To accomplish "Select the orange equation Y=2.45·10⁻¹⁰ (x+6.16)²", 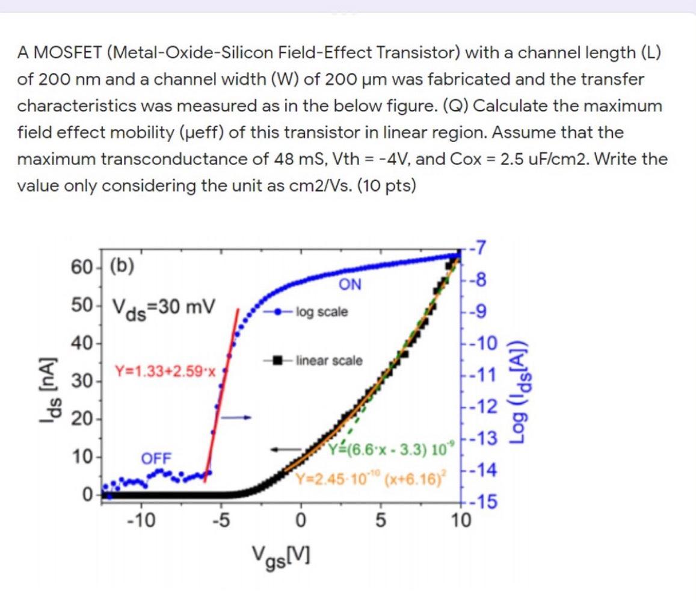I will pos(370,479).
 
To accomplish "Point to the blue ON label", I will pos(351,285).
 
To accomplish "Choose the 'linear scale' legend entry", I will pos(328,361).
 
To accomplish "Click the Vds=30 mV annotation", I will pos(162,308).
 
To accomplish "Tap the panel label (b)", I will pos(123,266).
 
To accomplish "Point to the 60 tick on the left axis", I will pos(81,266).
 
